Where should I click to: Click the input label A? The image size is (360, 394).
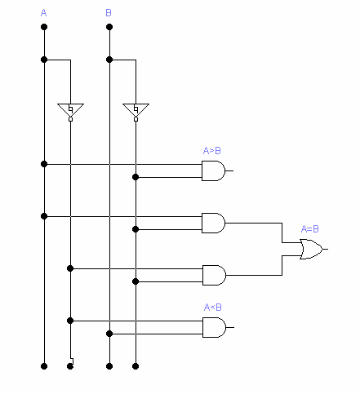[43, 13]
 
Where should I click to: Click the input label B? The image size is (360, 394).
[109, 13]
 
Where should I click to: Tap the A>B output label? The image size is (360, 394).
[212, 150]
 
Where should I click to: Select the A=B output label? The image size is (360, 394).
[309, 228]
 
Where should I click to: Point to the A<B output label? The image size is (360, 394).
[212, 307]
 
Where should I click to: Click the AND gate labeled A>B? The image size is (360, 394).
[213, 170]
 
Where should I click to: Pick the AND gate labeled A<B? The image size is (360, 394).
[214, 327]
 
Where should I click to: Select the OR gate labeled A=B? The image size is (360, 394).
[311, 249]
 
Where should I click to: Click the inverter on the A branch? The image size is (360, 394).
[70, 110]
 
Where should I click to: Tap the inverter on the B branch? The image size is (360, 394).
[136, 110]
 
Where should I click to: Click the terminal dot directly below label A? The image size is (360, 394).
[44, 27]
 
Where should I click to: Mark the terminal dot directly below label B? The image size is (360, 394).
[109, 27]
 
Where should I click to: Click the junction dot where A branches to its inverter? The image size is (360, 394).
[44, 60]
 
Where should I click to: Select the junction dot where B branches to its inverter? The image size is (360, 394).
[109, 60]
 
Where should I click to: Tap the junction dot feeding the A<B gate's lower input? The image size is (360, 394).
[109, 334]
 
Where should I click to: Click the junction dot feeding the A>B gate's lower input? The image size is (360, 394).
[136, 177]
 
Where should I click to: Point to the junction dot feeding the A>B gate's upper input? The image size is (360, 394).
[44, 164]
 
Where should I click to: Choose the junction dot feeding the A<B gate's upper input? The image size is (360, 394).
[70, 321]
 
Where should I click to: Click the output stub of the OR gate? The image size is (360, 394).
[326, 249]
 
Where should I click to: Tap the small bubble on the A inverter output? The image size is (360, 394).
[70, 119]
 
